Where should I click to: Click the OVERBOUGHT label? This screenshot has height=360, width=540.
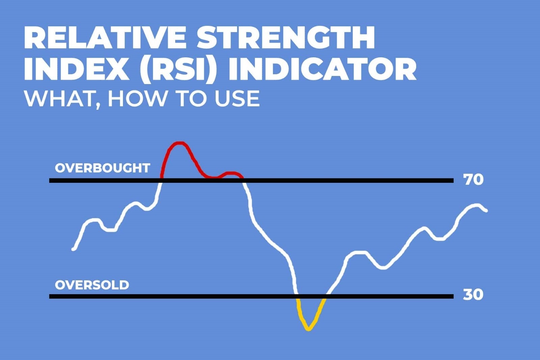coord(102,168)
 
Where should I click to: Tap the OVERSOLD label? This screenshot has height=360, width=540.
coord(92,285)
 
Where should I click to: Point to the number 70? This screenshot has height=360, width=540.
coord(474,179)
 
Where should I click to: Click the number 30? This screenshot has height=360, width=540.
coord(473,295)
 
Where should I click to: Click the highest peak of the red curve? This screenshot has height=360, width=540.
coord(180,143)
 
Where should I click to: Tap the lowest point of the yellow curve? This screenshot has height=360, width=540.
coord(308,329)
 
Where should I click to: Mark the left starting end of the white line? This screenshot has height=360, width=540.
coord(74,249)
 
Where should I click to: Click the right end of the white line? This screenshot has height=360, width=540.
coord(486,211)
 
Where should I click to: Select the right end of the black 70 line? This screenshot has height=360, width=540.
coord(452,181)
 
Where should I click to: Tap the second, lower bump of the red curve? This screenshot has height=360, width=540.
coord(231,173)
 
